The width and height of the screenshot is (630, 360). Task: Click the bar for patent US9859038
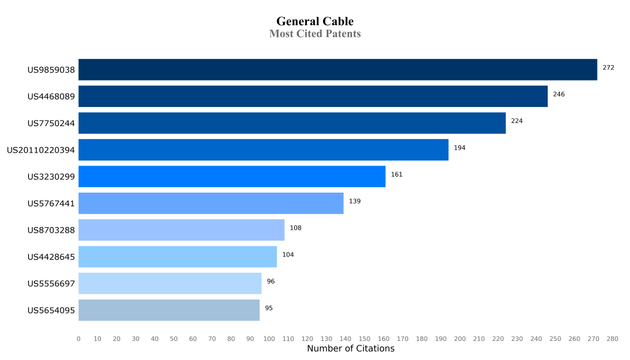(x=338, y=70)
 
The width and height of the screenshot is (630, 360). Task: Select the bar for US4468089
(x=313, y=97)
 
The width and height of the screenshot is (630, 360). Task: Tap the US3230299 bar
(x=232, y=177)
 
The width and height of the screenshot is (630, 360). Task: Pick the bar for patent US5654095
(x=169, y=310)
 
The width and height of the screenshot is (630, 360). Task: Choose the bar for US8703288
(x=181, y=230)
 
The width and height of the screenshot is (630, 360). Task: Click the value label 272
(x=608, y=68)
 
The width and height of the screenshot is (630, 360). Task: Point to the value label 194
(x=460, y=148)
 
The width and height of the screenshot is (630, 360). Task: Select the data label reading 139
(x=354, y=201)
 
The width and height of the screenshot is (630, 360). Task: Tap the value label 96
(x=271, y=281)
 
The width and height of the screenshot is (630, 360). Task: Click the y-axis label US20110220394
(x=41, y=150)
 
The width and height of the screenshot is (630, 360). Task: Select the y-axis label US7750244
(x=51, y=124)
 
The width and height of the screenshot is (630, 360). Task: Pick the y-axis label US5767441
(x=51, y=204)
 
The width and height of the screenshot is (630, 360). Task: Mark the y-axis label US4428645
(x=51, y=257)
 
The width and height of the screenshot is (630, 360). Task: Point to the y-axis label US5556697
(x=51, y=284)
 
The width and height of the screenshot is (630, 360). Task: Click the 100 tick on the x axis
(x=269, y=339)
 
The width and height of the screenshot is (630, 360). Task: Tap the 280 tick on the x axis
(x=612, y=339)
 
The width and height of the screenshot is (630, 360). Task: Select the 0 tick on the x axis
(x=78, y=339)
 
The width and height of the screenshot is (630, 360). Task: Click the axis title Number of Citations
(x=351, y=349)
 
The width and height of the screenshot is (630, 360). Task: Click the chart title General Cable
(x=315, y=22)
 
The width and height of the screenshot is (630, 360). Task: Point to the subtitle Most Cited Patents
(x=315, y=34)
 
